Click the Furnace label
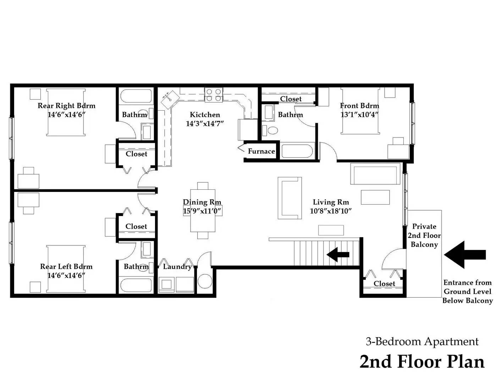[x=261, y=151]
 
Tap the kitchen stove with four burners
[x=214, y=95]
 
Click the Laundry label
[x=177, y=267]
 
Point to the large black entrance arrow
[x=464, y=255]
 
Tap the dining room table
[x=203, y=211]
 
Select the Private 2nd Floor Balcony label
[x=424, y=235]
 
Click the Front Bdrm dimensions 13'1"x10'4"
[x=359, y=115]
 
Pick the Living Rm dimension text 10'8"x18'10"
[x=331, y=211]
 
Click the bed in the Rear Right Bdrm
[x=66, y=112]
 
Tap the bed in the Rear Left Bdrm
[x=66, y=269]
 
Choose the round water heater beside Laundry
[x=205, y=281]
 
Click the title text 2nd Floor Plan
[x=422, y=362]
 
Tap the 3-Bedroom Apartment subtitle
[x=422, y=342]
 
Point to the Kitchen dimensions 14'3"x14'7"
[x=205, y=124]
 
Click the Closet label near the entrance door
[x=384, y=284]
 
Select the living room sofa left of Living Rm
[x=290, y=198]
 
